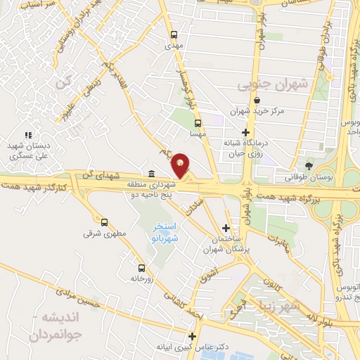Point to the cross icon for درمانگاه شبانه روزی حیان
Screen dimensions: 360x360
(245, 132)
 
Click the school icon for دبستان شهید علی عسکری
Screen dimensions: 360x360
(28, 134)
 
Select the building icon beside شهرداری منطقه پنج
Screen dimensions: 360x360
(152, 174)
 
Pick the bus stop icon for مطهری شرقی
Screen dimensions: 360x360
(104, 221)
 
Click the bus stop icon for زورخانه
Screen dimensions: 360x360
(143, 267)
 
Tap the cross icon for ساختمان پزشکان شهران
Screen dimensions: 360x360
(225, 228)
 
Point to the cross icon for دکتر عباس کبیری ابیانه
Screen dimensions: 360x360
(193, 335)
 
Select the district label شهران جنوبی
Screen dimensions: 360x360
(273, 85)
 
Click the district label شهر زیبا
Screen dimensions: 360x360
(299, 307)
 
